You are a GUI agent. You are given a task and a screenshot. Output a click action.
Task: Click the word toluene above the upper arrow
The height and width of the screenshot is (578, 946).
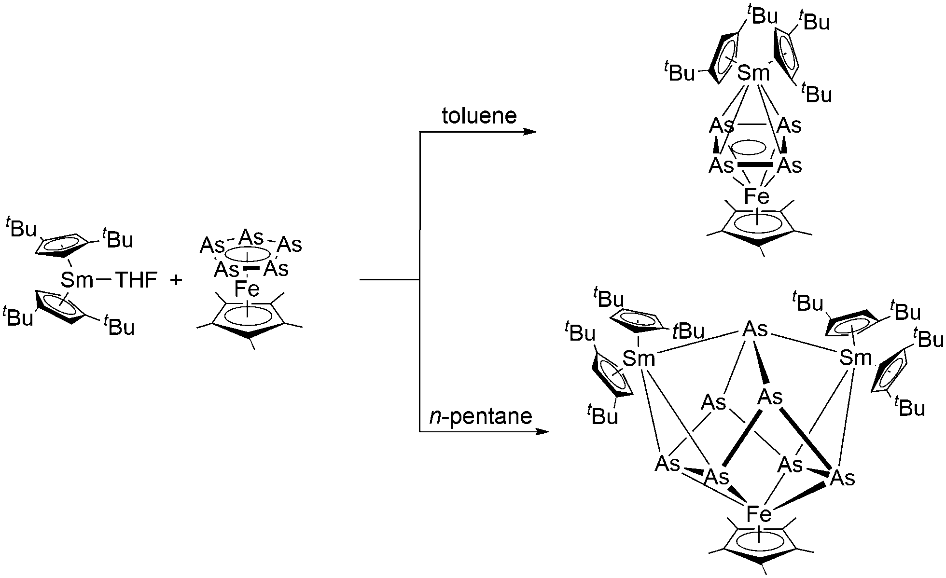479,116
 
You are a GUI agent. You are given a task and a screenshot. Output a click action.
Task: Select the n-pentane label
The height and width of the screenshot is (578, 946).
481,416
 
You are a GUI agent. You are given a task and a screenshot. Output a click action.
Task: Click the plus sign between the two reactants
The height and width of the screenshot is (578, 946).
176,280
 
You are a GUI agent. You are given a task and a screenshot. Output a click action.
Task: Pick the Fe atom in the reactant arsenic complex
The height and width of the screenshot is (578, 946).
247,289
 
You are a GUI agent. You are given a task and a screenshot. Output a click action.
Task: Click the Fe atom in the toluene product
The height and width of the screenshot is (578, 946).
756,196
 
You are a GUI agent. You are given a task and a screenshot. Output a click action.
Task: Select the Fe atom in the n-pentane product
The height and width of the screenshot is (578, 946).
759,514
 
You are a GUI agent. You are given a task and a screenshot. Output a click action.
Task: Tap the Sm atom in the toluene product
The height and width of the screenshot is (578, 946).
753,73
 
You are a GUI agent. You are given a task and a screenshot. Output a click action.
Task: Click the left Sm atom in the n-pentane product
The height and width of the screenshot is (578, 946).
639,358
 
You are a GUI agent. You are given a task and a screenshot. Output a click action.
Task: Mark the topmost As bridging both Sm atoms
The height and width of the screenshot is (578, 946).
755,329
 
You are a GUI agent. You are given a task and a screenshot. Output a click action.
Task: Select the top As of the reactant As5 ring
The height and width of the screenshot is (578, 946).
251,237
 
